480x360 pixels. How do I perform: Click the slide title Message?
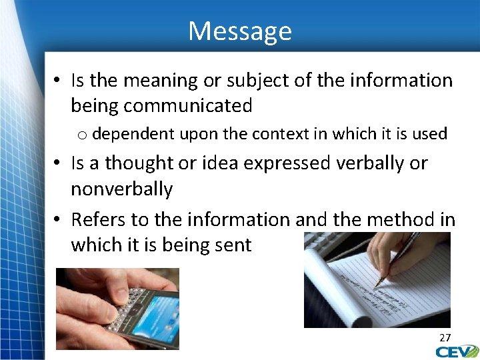point(240,31)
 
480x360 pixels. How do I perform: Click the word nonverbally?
point(121,189)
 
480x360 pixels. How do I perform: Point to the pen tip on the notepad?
point(376,286)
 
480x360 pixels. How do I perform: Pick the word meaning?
point(159,81)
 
